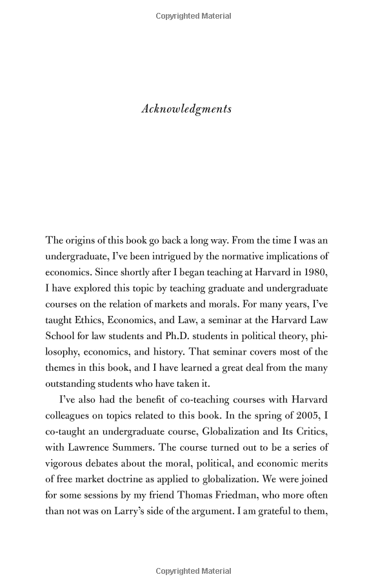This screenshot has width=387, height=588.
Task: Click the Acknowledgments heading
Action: tap(186, 108)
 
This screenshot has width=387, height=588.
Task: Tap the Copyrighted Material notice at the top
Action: tap(193, 16)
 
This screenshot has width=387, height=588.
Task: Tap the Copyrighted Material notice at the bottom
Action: tap(193, 571)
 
